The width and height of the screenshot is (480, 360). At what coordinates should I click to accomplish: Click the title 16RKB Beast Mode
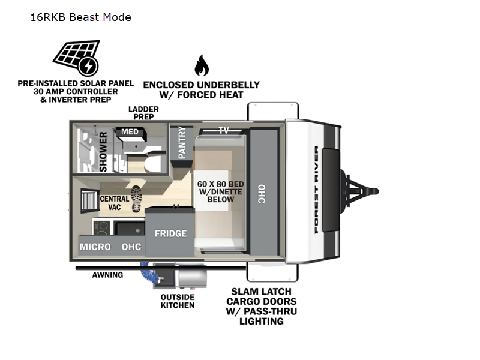pos(81,17)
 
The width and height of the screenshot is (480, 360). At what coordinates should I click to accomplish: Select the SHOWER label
pos(103,152)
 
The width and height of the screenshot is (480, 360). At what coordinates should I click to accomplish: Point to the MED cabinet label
pos(130,132)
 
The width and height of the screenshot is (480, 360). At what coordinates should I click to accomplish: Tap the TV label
pos(224,130)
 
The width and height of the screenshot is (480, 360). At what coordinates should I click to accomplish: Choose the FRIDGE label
pos(170,233)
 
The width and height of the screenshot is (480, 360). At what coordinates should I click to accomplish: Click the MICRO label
pos(95,247)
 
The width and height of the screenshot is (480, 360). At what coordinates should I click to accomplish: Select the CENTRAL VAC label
pos(113,203)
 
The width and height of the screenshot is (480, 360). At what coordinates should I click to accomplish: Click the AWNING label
pos(107,275)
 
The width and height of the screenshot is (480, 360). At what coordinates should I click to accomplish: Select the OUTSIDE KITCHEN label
pos(177,301)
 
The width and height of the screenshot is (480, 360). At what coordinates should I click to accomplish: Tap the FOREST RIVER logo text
pos(316,189)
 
